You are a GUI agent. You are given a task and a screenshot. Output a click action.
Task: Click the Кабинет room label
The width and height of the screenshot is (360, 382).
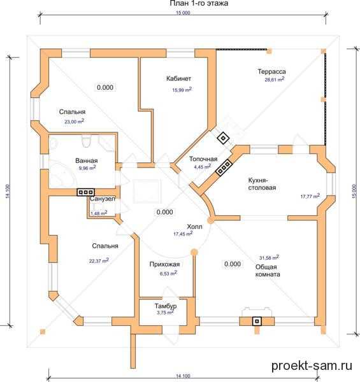pyautogui.click(x=178, y=79)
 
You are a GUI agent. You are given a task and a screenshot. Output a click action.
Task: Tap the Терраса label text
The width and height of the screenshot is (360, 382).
pyautogui.click(x=272, y=71)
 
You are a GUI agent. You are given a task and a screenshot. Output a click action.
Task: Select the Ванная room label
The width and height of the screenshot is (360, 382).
pyautogui.click(x=87, y=161)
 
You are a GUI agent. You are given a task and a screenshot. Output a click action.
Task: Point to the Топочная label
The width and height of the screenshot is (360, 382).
pyautogui.click(x=203, y=159)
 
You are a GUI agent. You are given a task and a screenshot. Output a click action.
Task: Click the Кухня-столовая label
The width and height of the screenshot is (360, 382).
pyautogui.click(x=262, y=184)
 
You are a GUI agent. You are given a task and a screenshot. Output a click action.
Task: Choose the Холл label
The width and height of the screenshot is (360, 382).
pyautogui.click(x=194, y=227)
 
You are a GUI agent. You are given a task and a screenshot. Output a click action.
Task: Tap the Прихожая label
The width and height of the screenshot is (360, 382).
pyautogui.click(x=164, y=264)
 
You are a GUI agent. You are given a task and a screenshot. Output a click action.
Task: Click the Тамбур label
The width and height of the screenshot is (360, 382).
pyautogui.click(x=166, y=306)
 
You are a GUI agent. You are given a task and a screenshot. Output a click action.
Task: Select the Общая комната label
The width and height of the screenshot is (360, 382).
pyautogui.click(x=268, y=271)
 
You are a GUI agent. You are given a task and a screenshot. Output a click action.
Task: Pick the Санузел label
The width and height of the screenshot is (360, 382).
pyautogui.click(x=103, y=199)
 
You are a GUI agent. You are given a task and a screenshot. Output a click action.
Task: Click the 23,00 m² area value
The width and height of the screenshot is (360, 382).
pyautogui.click(x=75, y=121)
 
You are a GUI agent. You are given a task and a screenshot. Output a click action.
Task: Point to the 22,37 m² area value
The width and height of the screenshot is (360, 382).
pyautogui.click(x=99, y=260)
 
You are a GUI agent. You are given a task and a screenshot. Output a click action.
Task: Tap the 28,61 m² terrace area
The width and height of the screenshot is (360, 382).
pyautogui.click(x=275, y=80)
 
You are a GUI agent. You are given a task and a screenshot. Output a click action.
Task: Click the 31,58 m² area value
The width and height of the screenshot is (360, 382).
pyautogui.click(x=269, y=257)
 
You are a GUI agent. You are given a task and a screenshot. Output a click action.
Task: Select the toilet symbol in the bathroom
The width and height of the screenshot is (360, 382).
pyautogui.click(x=86, y=141)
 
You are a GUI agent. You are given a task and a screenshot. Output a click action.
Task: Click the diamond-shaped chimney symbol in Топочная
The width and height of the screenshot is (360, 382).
pyautogui.click(x=223, y=138)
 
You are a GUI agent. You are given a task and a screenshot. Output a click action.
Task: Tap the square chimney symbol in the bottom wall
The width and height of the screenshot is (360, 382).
pyautogui.click(x=257, y=322)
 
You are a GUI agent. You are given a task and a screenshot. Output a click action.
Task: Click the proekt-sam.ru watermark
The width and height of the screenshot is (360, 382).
pyautogui.click(x=312, y=365)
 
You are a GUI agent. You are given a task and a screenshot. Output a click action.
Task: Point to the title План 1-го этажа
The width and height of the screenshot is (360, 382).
pyautogui.click(x=199, y=3)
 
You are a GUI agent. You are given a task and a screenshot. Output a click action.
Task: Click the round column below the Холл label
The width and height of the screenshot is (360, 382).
pyautogui.click(x=194, y=252)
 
